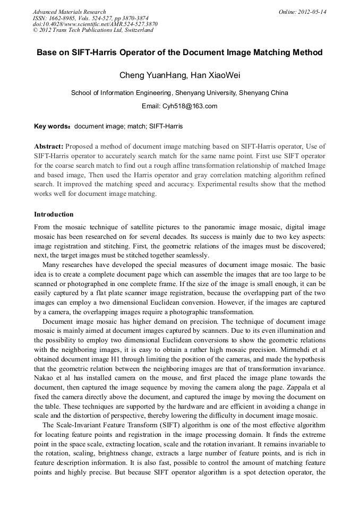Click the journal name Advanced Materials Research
tap(69, 12)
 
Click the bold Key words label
tap(53, 127)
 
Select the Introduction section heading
tap(54, 214)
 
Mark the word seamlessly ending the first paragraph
tap(192, 256)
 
